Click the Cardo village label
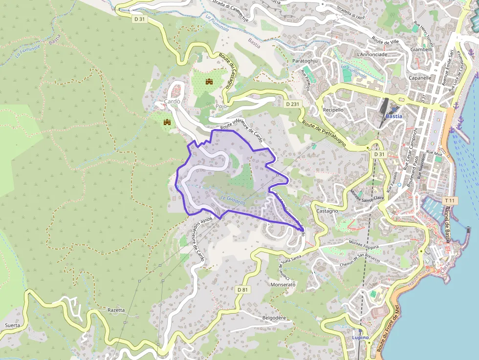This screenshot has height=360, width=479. (173, 102)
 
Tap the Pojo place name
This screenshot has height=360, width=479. (221, 106)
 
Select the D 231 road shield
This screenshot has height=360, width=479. (292, 104)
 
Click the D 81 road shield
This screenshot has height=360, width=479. (243, 290)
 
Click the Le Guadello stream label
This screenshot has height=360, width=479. (233, 199)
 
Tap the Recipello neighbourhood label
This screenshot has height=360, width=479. (333, 110)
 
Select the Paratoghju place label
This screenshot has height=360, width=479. (305, 61)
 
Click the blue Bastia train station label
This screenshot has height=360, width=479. (394, 116)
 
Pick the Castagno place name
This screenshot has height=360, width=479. (327, 211)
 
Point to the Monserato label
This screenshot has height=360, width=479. (283, 284)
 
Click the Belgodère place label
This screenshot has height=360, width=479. (274, 318)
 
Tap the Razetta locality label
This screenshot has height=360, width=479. (116, 310)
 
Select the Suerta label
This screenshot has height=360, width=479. (12, 325)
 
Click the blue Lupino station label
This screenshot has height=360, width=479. (361, 338)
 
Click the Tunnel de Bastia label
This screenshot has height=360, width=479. (447, 223)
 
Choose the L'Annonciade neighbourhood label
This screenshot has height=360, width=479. (372, 54)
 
